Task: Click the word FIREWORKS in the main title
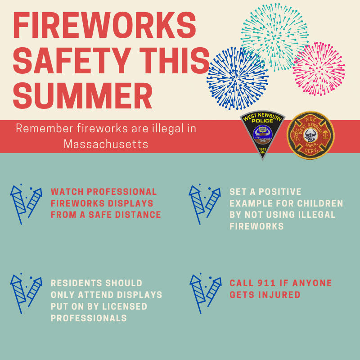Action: click(x=104, y=25)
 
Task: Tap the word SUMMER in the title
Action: click(x=83, y=96)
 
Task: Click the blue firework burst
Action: click(x=238, y=78)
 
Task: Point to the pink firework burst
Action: click(x=319, y=68)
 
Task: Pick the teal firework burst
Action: click(x=275, y=37)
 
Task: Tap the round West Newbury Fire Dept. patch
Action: click(x=310, y=135)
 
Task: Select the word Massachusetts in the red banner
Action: click(x=106, y=144)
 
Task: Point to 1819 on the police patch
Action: click(x=263, y=149)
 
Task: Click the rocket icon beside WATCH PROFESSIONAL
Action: click(x=26, y=204)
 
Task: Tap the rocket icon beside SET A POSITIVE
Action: click(x=205, y=204)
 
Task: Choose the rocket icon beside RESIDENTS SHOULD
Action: click(x=26, y=293)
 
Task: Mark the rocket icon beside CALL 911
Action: click(x=206, y=293)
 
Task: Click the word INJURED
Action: click(x=279, y=295)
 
